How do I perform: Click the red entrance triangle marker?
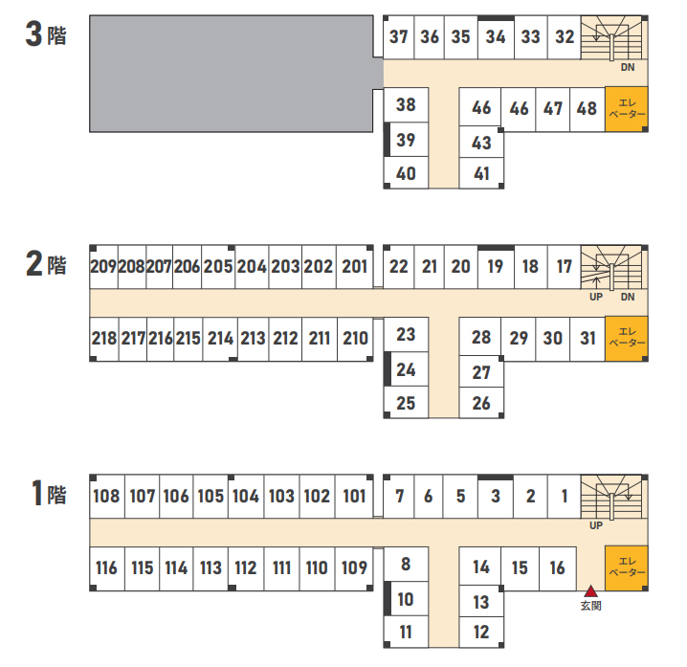[590, 591]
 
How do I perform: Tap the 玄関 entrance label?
[590, 606]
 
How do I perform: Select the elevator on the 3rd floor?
[627, 109]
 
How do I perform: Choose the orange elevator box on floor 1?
[627, 568]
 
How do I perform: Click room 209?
[103, 266]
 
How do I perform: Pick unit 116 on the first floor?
[107, 568]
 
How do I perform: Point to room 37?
[399, 36]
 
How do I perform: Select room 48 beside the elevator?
[587, 109]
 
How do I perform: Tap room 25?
[406, 403]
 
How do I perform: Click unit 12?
[481, 632]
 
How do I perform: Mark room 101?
[354, 496]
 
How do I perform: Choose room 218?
[104, 339]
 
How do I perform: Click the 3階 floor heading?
[46, 34]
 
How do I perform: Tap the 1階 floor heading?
[49, 493]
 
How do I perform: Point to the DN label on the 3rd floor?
[628, 68]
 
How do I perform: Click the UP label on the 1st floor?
[596, 525]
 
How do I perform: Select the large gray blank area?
[232, 74]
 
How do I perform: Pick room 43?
[481, 143]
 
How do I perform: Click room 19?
[496, 266]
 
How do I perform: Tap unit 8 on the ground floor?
[406, 564]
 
